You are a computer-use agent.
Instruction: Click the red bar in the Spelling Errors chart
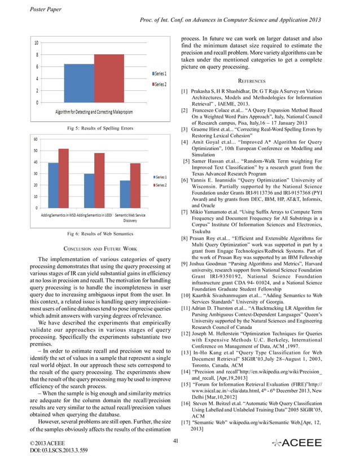[x=109, y=78]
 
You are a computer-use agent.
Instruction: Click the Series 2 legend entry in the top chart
[x=159, y=84]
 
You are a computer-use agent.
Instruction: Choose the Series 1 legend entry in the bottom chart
[x=159, y=177]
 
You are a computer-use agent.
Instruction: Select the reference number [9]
[x=184, y=264]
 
